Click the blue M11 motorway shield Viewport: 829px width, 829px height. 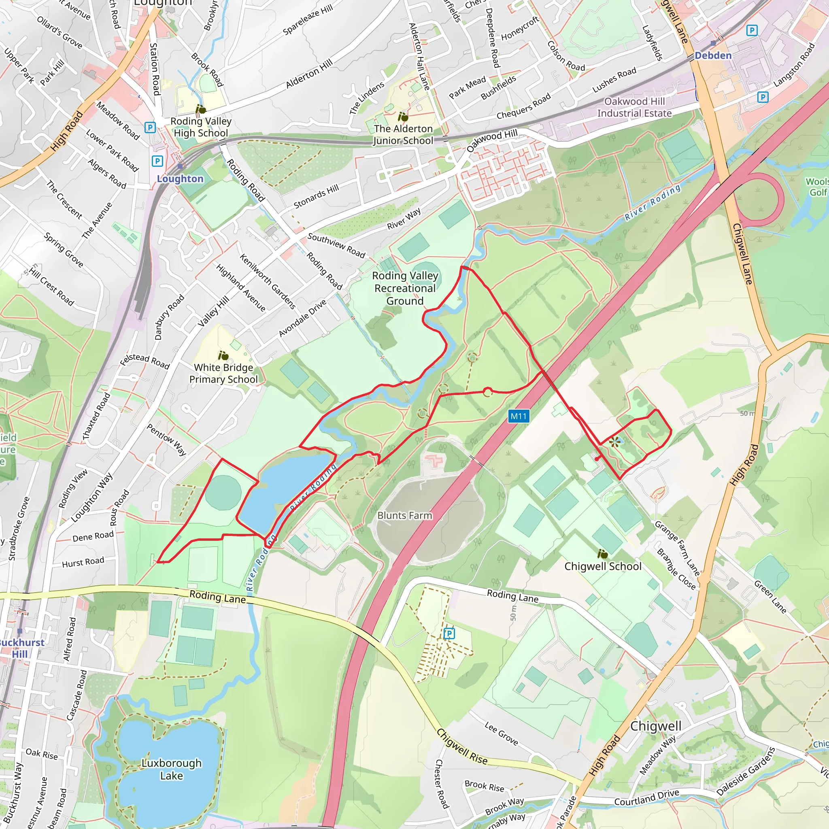pos(519,416)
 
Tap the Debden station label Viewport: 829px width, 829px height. pos(713,55)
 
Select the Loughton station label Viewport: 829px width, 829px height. pos(180,179)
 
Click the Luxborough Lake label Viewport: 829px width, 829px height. pos(171,769)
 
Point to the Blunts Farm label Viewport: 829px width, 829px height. pos(405,515)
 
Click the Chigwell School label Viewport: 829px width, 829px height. pos(603,566)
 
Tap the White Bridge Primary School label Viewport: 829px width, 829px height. pos(223,373)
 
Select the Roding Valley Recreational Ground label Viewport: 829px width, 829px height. pos(405,288)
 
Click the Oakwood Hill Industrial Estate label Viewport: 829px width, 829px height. pos(634,107)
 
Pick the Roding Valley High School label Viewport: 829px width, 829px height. pos(201,127)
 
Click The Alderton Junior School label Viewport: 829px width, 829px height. pos(403,134)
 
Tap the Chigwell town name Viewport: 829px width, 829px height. pos(656,726)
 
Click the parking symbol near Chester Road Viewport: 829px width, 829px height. pos(449,633)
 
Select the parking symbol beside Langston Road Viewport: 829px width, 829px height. pos(763,97)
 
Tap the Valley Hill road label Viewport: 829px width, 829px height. pos(213,312)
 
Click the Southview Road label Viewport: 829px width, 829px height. pos(336,245)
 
